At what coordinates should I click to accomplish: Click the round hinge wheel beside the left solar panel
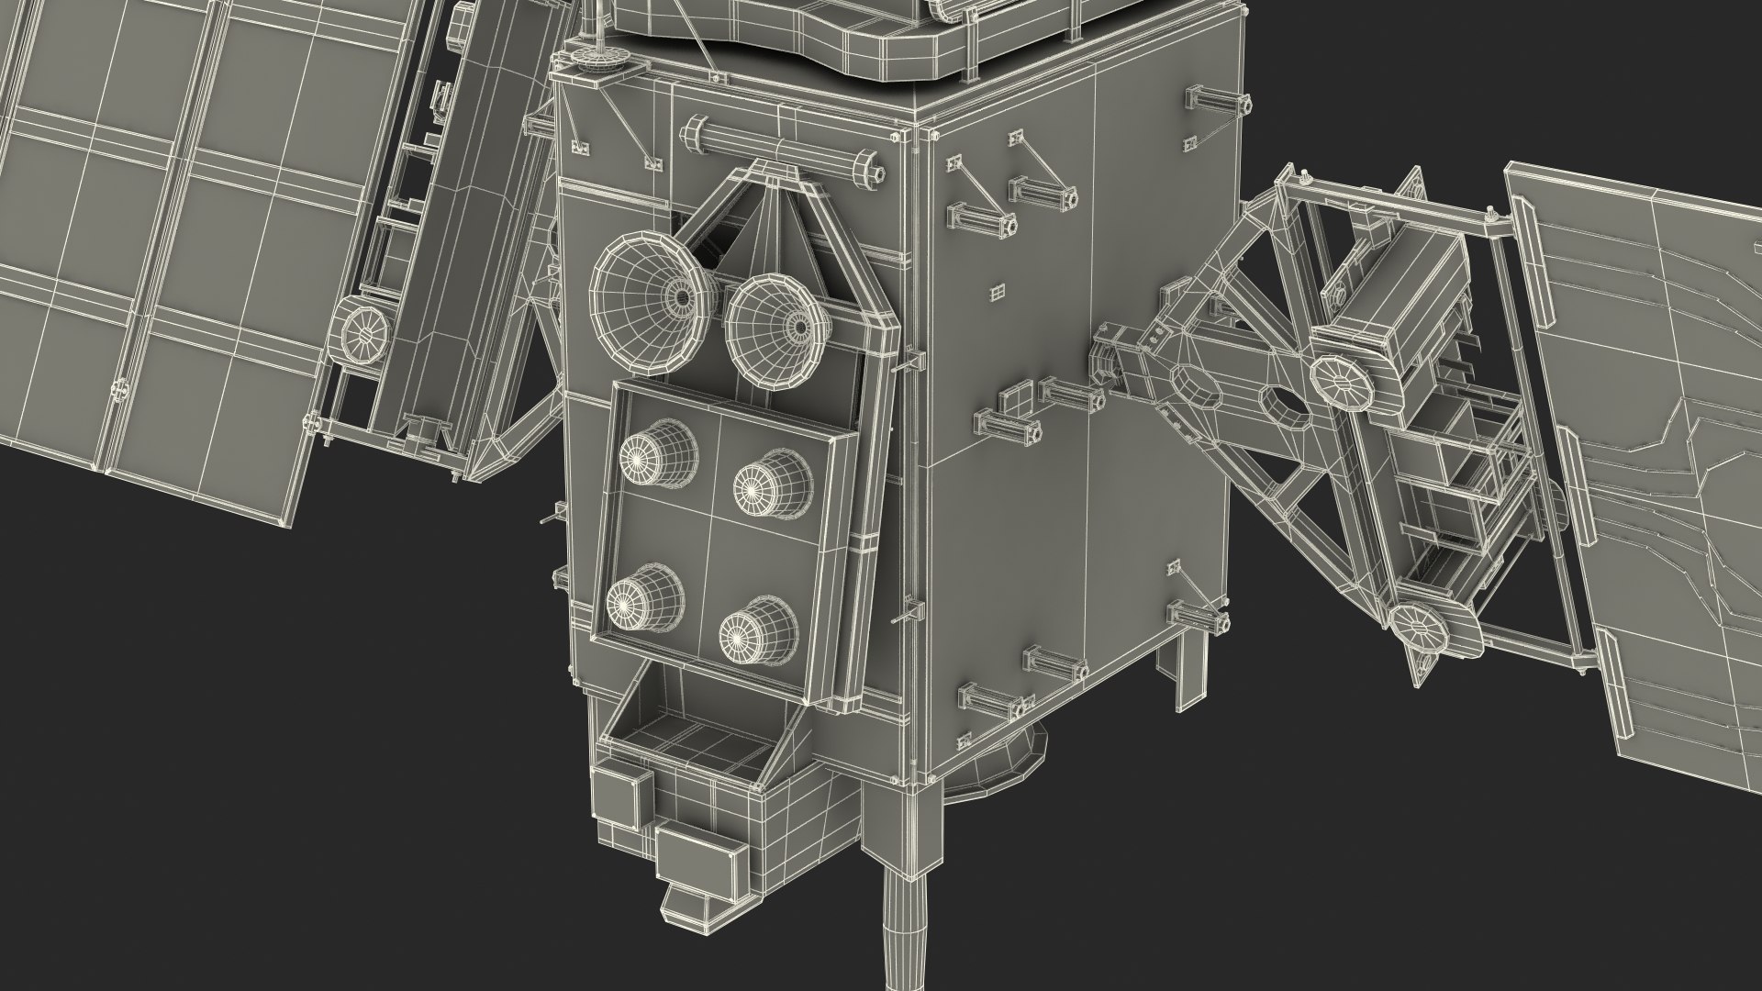364,334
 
